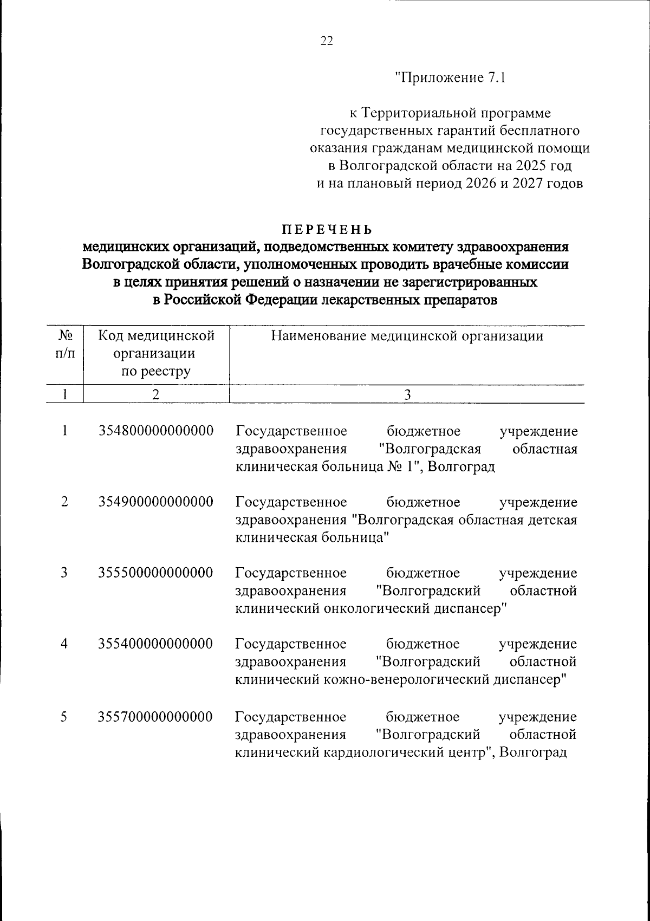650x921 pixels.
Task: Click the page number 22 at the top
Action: click(x=327, y=42)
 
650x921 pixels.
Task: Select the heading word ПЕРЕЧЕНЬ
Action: click(x=326, y=229)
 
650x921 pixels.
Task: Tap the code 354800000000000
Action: click(x=156, y=431)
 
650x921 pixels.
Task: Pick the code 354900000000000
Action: click(x=156, y=502)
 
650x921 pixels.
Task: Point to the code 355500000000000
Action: click(x=156, y=573)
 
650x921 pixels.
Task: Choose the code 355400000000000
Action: click(x=156, y=644)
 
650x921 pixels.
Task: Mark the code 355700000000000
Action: click(x=156, y=717)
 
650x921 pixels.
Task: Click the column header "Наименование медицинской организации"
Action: click(x=407, y=336)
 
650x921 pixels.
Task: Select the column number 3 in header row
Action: click(x=407, y=395)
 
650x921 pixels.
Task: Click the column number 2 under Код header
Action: click(x=155, y=395)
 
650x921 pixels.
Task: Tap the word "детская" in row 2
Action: click(x=551, y=520)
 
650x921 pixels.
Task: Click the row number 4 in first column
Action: click(x=64, y=644)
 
